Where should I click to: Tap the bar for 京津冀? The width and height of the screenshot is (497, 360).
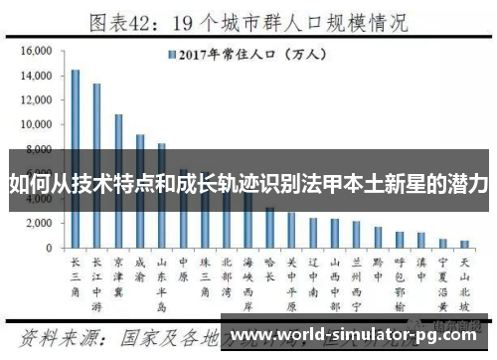click(x=118, y=180)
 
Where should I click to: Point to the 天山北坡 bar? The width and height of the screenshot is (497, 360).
click(x=464, y=244)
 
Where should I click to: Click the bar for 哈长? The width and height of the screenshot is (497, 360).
click(x=270, y=228)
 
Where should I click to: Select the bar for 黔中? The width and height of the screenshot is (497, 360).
click(x=378, y=238)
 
